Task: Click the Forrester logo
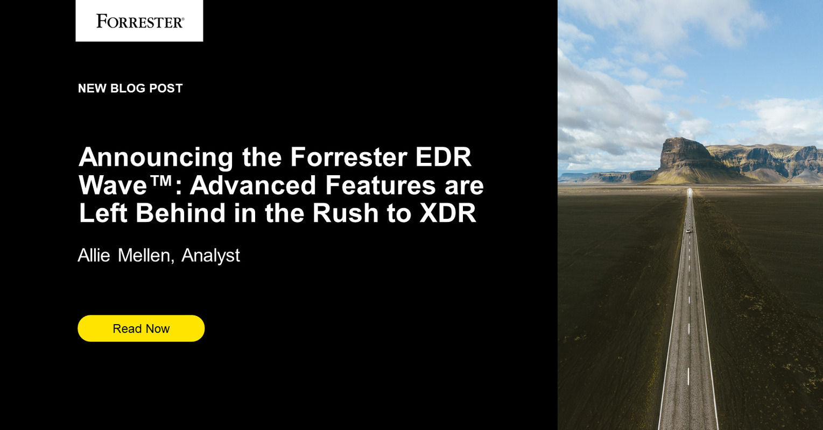[x=139, y=21]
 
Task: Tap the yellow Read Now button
[x=141, y=328]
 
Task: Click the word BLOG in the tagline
[x=128, y=88]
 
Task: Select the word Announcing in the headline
[x=156, y=157]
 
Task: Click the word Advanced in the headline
[x=252, y=185]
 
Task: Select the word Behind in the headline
[x=180, y=213]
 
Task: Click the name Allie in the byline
[x=94, y=256]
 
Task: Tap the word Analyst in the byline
[x=210, y=256]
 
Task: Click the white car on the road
[x=687, y=231]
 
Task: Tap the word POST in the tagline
[x=166, y=88]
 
